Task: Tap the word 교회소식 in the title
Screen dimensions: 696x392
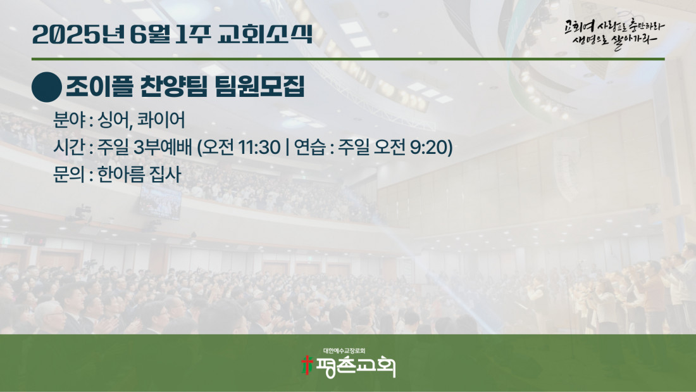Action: pos(266,34)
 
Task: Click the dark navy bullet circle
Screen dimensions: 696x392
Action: pos(47,87)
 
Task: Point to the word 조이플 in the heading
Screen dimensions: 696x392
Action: pos(99,86)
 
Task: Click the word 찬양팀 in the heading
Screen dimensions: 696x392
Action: pos(173,86)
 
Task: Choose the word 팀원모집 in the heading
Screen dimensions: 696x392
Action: pos(259,86)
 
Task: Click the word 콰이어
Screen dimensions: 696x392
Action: pos(161,120)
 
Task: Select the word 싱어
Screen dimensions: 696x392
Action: pos(114,120)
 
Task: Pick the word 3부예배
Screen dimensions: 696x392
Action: pos(163,147)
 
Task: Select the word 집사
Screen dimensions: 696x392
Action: pos(166,174)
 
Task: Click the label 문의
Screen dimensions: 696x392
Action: pos(69,174)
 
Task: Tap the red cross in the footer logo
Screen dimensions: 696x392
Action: pos(307,365)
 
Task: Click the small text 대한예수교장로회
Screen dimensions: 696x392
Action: pos(344,351)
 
